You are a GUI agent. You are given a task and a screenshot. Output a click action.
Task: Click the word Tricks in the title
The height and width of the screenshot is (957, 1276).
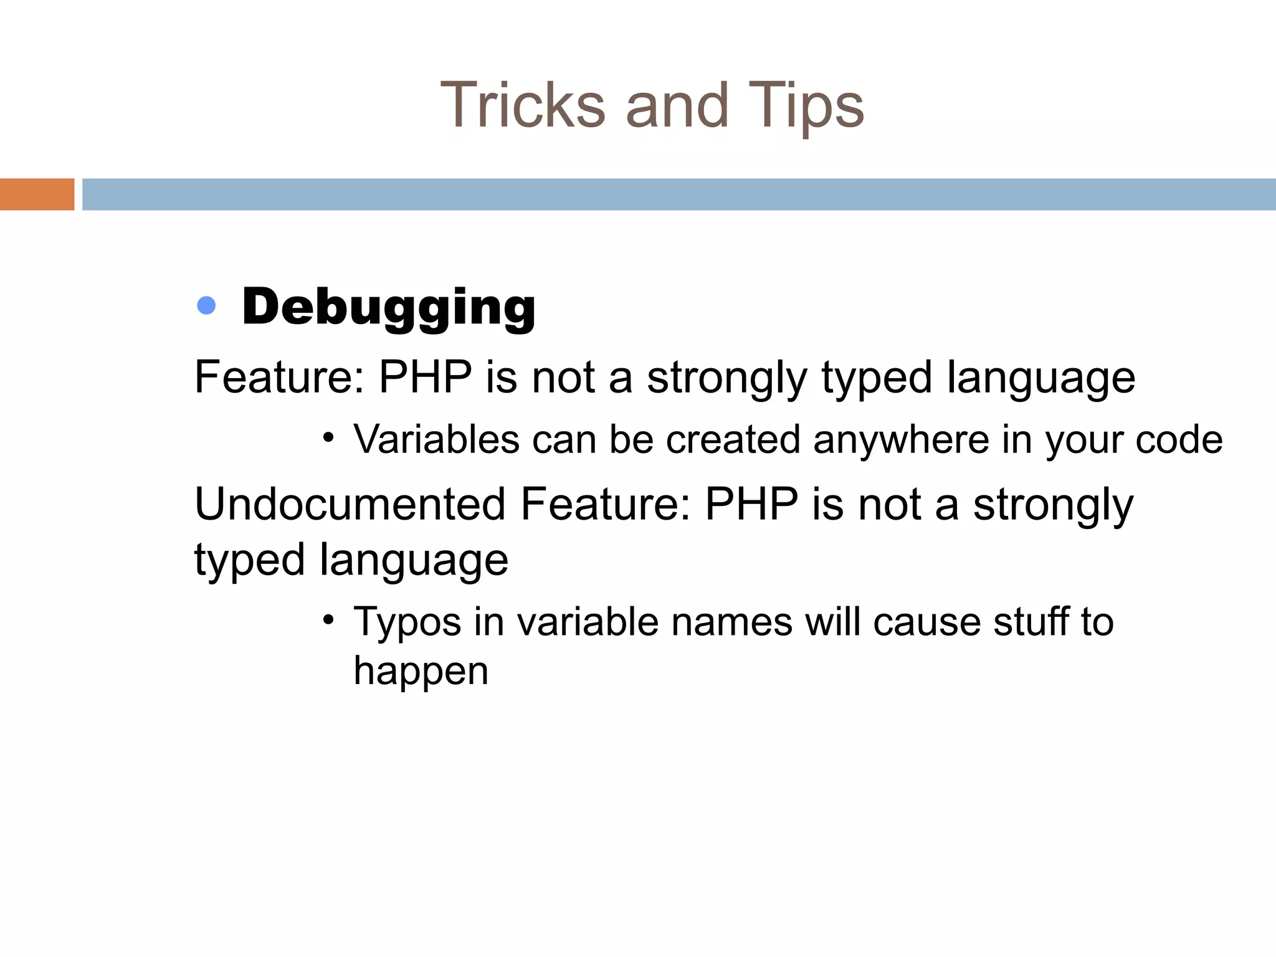(x=523, y=105)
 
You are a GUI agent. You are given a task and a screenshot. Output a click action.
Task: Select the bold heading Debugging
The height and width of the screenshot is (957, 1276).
(x=388, y=307)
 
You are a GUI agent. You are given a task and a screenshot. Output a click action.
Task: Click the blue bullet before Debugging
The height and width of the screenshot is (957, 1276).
(x=206, y=305)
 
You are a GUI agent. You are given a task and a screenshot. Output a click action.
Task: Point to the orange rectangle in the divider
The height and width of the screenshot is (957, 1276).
(x=37, y=194)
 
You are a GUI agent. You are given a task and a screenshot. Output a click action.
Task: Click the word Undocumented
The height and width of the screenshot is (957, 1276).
(x=350, y=504)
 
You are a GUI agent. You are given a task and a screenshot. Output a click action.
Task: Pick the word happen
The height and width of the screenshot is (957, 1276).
(x=421, y=672)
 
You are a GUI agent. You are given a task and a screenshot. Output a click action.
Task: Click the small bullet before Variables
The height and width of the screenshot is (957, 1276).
(x=328, y=437)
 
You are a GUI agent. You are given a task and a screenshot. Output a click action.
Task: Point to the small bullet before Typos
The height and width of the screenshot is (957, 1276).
(x=328, y=619)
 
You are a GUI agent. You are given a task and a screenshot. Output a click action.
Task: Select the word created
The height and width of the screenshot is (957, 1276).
(x=733, y=440)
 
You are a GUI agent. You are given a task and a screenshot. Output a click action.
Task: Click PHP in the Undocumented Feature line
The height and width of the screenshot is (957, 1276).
(x=751, y=504)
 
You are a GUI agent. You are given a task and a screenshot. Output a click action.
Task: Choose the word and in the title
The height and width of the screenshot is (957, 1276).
(x=677, y=105)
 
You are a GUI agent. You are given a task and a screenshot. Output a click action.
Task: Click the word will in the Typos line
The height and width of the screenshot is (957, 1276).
(x=832, y=622)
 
